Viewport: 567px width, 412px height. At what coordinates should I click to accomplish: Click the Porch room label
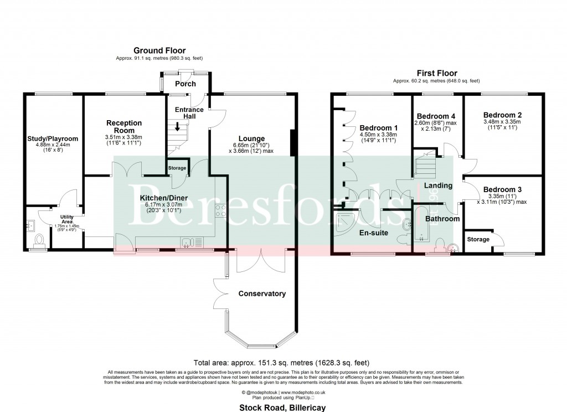185,84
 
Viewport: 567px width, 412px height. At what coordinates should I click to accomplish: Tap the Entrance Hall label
189,113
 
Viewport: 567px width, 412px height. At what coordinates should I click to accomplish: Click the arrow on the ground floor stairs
177,126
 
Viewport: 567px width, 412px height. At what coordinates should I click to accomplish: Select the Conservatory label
262,293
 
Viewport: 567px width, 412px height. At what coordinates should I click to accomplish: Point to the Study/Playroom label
53,138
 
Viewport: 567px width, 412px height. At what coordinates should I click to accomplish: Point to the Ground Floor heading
159,51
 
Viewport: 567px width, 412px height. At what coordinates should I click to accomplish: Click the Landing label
439,186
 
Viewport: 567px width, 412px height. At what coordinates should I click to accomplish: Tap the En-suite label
374,233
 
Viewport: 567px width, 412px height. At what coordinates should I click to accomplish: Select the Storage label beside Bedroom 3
478,239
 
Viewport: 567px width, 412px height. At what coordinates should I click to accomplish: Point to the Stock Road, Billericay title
283,408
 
